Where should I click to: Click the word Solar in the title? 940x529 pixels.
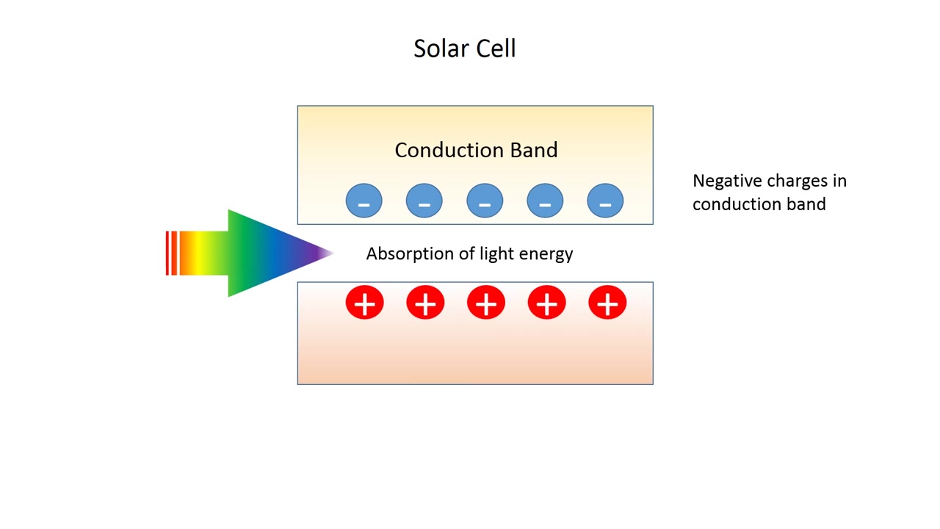[x=438, y=48]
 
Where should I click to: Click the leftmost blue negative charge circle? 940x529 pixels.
[x=364, y=201]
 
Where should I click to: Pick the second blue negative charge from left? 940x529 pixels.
[x=424, y=201]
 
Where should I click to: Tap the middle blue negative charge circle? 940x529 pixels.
[x=485, y=201]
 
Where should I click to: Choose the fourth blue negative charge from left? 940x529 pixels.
[x=545, y=201]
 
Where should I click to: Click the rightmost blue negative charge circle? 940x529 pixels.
[x=605, y=201]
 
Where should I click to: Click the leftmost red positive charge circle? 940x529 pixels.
[x=365, y=303]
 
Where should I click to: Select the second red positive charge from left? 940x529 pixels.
[x=425, y=303]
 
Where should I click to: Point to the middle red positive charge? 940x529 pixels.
[x=486, y=303]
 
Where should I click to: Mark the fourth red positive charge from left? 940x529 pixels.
[x=546, y=303]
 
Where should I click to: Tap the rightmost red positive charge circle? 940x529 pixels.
[x=607, y=303]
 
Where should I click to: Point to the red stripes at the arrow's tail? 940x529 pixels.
[x=172, y=253]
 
